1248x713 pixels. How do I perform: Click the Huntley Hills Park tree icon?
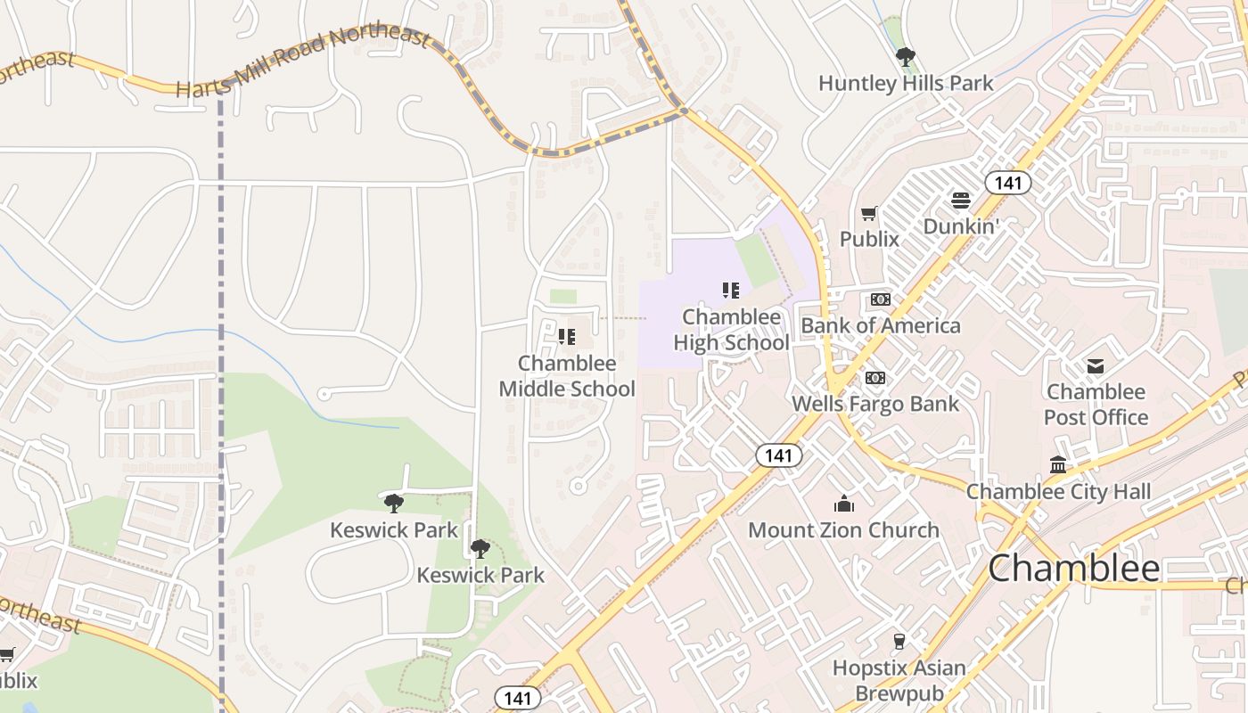pyautogui.click(x=906, y=58)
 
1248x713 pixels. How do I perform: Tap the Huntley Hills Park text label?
pyautogui.click(x=906, y=84)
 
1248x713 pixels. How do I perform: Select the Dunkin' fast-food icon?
pyautogui.click(x=960, y=201)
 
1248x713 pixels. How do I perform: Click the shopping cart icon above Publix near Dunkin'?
pyautogui.click(x=869, y=213)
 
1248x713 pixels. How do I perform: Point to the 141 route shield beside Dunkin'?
pyautogui.click(x=1007, y=183)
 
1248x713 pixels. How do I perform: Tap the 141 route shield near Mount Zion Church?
pyautogui.click(x=778, y=455)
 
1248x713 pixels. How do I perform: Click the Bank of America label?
pyautogui.click(x=881, y=325)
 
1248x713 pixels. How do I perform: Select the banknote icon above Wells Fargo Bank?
pyautogui.click(x=875, y=378)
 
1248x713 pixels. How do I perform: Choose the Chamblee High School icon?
pyautogui.click(x=731, y=290)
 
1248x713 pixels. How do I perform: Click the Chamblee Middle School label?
pyautogui.click(x=567, y=376)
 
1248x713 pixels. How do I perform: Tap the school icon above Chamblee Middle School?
pyautogui.click(x=567, y=337)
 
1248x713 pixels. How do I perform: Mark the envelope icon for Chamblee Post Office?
pyautogui.click(x=1096, y=365)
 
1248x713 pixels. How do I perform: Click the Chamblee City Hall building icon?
pyautogui.click(x=1058, y=464)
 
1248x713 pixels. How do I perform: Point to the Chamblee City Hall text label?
pyautogui.click(x=1058, y=491)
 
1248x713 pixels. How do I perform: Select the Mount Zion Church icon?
pyautogui.click(x=843, y=504)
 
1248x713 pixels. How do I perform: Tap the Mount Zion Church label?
pyautogui.click(x=843, y=530)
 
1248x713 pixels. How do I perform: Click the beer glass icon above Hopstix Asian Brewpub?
pyautogui.click(x=899, y=641)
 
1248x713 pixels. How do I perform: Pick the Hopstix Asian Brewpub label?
pyautogui.click(x=899, y=680)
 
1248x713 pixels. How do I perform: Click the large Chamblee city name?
pyautogui.click(x=1074, y=568)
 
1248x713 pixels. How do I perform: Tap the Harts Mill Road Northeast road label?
pyautogui.click(x=303, y=62)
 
